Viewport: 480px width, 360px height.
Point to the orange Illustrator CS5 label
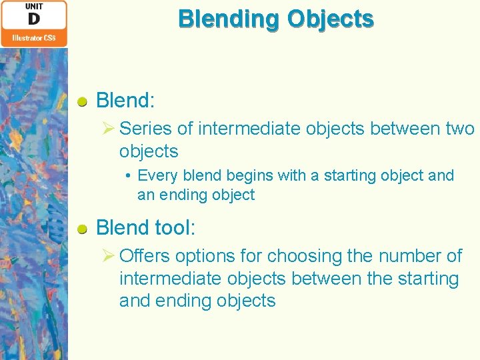pyautogui.click(x=34, y=38)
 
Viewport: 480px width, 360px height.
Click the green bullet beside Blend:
pyautogui.click(x=81, y=102)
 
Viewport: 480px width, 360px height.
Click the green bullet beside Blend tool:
pyautogui.click(x=81, y=229)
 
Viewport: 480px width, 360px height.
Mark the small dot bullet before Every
pyautogui.click(x=128, y=176)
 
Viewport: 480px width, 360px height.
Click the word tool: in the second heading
pyautogui.click(x=173, y=228)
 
